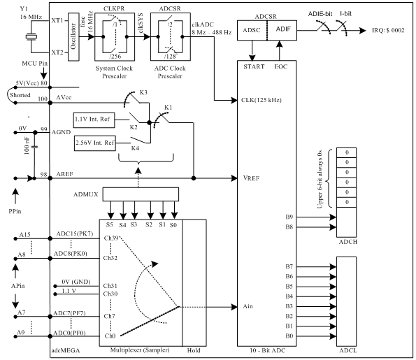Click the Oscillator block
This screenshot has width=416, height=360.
point(73,36)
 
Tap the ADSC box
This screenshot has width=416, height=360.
point(252,30)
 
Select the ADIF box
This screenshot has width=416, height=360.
point(282,30)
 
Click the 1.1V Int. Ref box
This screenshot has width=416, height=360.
point(94,120)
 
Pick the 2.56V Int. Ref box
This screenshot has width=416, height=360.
point(95,143)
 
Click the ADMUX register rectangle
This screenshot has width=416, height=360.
point(141,194)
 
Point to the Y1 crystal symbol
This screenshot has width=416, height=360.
point(31,36)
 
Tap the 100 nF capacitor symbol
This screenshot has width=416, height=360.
point(34,147)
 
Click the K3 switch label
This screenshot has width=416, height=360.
point(143,92)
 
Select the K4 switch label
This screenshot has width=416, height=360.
point(135,148)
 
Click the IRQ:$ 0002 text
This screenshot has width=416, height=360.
point(388,30)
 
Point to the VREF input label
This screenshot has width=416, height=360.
point(251,178)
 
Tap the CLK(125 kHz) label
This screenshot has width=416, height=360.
point(261,100)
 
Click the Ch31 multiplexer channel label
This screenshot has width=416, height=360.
point(110,286)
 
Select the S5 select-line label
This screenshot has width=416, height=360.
point(110,224)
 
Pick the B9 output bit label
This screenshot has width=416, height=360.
point(289,217)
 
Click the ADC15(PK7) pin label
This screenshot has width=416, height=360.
point(75,234)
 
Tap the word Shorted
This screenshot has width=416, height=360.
point(20,95)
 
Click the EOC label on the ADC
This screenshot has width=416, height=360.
point(280,66)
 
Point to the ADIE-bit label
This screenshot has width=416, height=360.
point(320,14)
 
